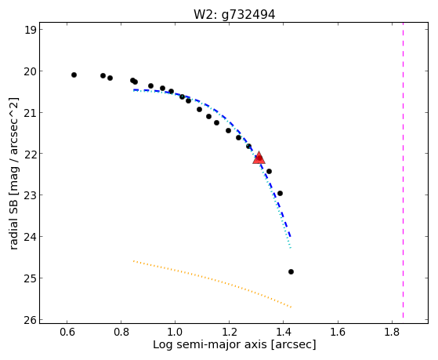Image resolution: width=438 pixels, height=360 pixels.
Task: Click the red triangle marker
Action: click(x=259, y=158)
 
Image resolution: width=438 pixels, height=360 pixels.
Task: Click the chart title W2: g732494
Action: click(x=234, y=15)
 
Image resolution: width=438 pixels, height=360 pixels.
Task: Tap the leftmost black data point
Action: click(x=74, y=75)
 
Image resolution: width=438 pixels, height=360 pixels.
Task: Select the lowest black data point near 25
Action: click(x=291, y=271)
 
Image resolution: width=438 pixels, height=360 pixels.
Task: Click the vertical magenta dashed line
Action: click(x=403, y=170)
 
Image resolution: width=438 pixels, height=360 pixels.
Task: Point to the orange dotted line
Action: click(x=212, y=284)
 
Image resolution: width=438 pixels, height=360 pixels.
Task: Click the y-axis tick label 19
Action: click(x=31, y=30)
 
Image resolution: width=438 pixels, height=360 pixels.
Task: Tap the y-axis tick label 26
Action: click(x=31, y=319)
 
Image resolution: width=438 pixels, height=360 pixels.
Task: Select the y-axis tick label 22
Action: click(x=31, y=154)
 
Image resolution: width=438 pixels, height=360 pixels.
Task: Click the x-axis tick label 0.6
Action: click(x=67, y=332)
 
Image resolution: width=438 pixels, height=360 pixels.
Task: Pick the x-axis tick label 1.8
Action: click(x=392, y=332)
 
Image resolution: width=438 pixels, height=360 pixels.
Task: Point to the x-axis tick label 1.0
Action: click(x=176, y=332)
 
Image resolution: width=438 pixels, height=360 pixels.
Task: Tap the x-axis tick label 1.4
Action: click(x=284, y=332)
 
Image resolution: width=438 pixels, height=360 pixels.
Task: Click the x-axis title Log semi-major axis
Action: click(x=210, y=344)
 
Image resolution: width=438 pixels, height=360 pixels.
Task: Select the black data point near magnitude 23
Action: click(x=280, y=193)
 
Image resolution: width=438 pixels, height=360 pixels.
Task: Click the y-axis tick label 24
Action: click(x=31, y=237)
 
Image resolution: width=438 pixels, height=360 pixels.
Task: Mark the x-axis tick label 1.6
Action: click(x=338, y=332)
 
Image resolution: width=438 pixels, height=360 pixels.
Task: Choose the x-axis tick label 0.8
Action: click(x=121, y=332)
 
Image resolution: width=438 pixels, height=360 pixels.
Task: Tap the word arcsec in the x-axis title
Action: click(x=293, y=344)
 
